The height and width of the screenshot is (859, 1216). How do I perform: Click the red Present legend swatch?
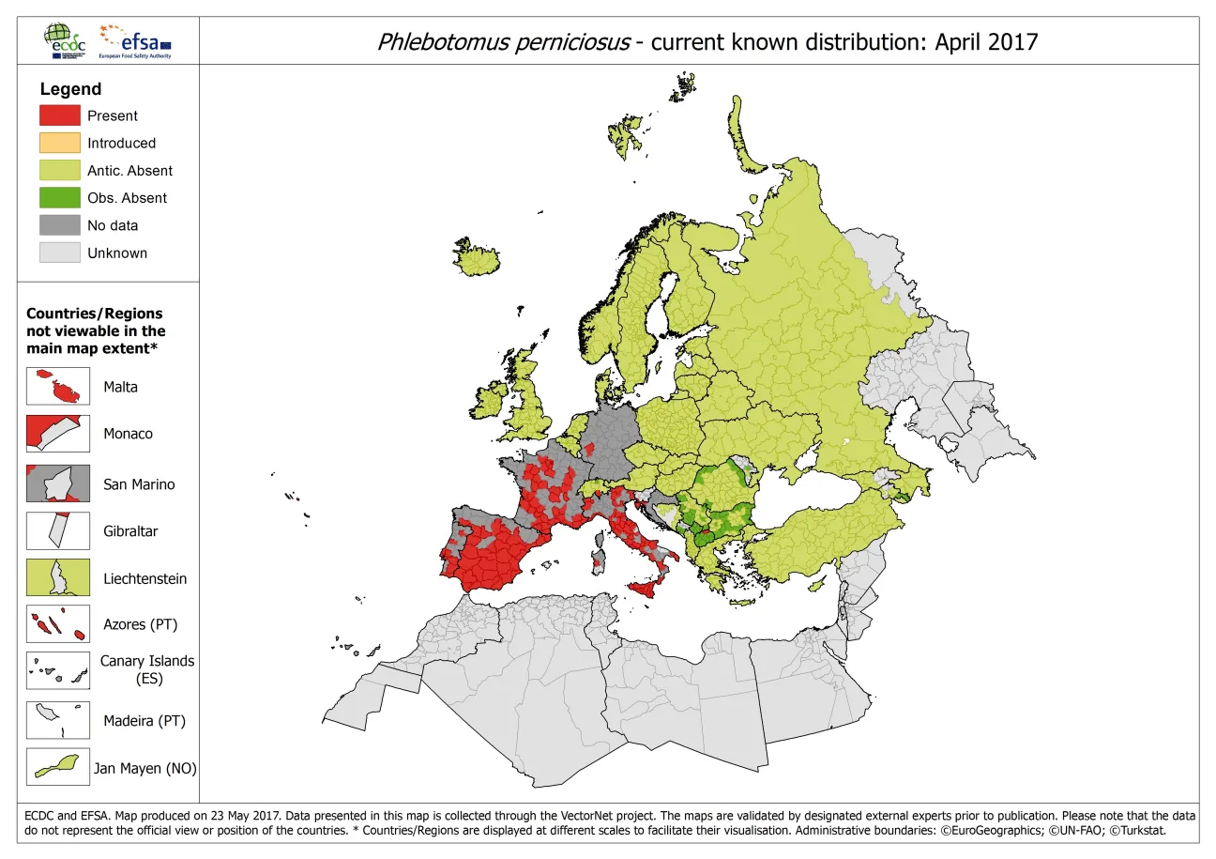point(59,115)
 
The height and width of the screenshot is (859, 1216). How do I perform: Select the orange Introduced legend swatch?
point(59,143)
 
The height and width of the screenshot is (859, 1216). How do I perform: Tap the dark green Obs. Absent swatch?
point(59,197)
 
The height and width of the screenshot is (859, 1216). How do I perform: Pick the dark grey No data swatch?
point(59,225)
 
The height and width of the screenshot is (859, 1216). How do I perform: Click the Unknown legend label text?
point(117,253)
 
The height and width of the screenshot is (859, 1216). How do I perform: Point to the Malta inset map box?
point(58,386)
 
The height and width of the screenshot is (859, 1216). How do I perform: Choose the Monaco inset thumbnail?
point(58,434)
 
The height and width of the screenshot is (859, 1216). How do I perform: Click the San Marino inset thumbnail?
point(58,483)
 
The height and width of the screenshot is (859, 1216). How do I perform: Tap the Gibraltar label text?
point(130,531)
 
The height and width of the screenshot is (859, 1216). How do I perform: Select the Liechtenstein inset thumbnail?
point(58,578)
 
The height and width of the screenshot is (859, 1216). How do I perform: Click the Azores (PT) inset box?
point(58,624)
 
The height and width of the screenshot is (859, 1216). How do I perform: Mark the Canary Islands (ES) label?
point(147,669)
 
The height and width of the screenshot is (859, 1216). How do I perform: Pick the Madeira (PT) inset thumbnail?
point(58,721)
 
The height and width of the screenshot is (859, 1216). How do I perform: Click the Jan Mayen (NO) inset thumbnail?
point(58,767)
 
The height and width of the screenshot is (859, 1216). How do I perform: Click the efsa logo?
point(139,41)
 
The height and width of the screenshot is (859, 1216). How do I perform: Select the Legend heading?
point(70,89)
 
